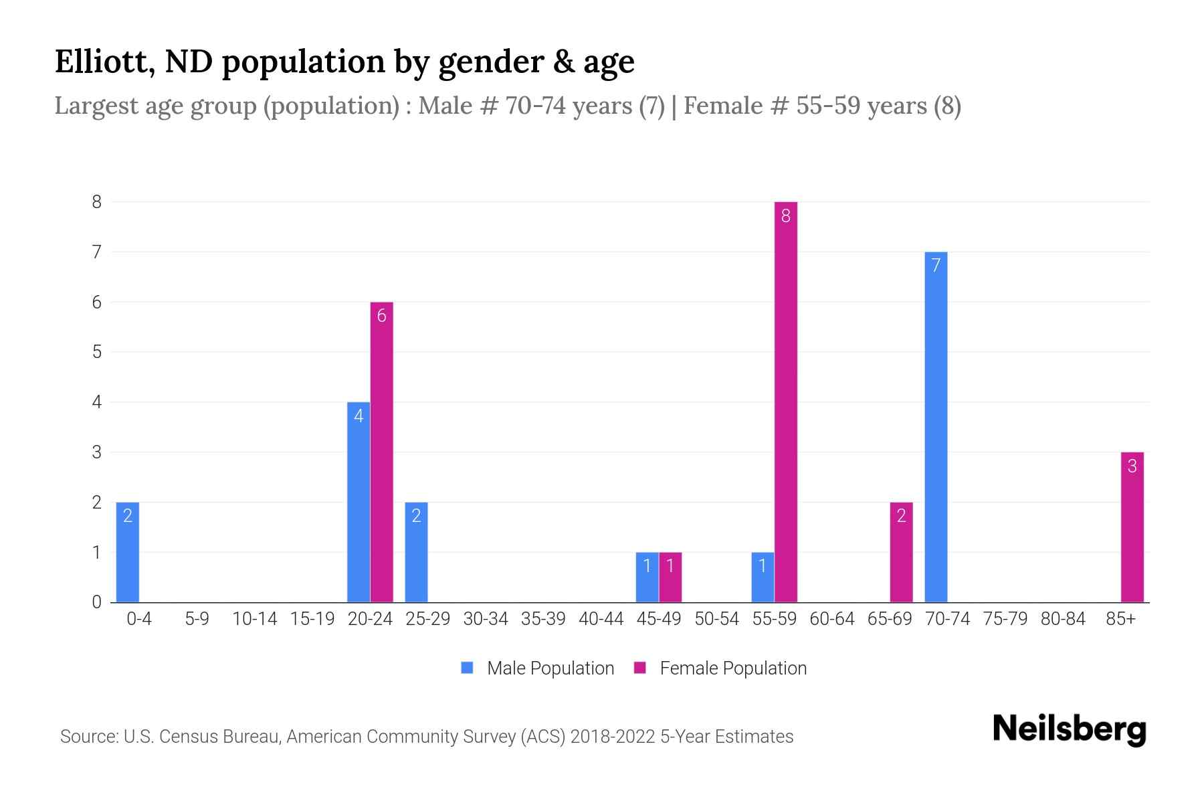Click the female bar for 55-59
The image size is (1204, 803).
785,401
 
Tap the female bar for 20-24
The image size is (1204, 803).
381,452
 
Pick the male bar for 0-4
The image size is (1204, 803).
128,552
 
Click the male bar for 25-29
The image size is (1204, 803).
416,552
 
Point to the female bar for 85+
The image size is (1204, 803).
1132,527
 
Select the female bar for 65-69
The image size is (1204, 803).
901,552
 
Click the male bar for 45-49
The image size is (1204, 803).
647,577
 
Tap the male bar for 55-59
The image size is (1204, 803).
763,577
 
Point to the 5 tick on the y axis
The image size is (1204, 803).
97,352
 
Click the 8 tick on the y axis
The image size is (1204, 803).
97,202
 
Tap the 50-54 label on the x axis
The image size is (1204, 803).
716,619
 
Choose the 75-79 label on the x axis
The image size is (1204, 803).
1005,619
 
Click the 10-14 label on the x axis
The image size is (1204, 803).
254,619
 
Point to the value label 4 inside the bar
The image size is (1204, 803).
359,416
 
